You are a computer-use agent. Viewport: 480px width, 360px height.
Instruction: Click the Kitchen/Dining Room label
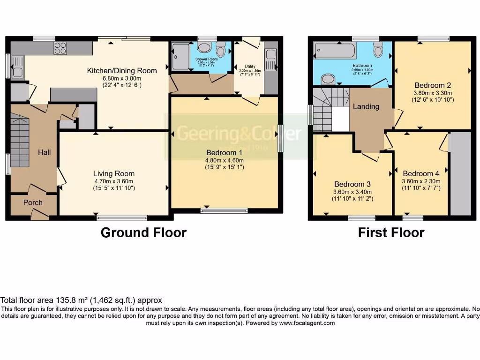coord(122,71)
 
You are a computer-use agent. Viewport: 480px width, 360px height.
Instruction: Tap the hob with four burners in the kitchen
coord(60,48)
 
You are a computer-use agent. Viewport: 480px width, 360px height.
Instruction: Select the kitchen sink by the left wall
coord(16,67)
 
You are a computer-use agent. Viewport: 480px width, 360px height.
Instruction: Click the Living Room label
coord(114,173)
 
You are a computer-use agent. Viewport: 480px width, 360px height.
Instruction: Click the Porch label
coord(33,202)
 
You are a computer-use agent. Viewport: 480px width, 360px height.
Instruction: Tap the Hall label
coord(45,152)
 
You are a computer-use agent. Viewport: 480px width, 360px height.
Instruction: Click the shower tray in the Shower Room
coord(180,56)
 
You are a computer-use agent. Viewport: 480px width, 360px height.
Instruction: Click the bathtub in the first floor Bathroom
coord(335,50)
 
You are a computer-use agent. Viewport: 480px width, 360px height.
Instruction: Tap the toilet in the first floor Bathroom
coord(378,49)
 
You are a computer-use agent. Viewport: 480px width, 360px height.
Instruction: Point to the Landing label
coord(366,106)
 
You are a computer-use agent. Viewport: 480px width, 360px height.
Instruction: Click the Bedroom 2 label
coord(433,85)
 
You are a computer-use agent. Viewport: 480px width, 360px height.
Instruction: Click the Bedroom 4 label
coord(420,173)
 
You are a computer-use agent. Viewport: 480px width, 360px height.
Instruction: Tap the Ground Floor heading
coord(143,232)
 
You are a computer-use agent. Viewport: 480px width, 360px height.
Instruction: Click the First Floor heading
coord(391,232)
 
